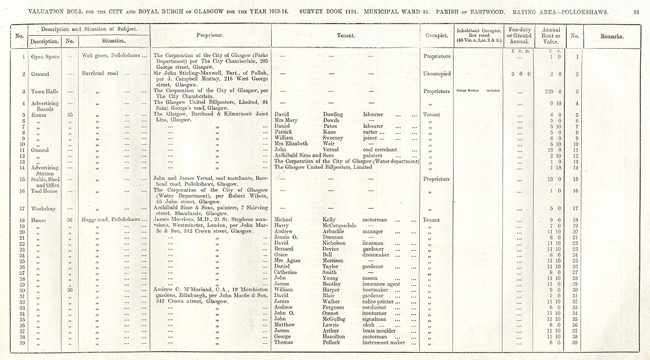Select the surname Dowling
(333, 114)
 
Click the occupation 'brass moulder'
(380, 330)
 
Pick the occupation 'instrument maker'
(383, 342)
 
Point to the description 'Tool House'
(44, 191)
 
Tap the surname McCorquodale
(341, 225)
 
